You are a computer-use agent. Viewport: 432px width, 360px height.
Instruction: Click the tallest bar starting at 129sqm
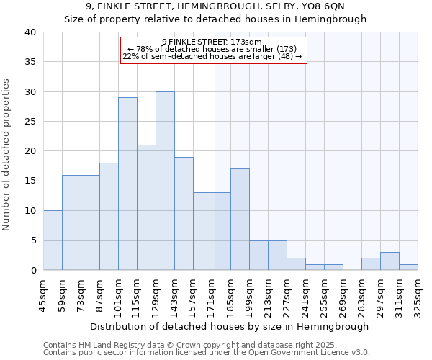[x=165, y=181]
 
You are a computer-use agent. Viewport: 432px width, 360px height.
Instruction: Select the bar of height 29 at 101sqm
[x=127, y=184]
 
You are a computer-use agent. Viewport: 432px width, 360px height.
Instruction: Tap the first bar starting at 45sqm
[x=53, y=240]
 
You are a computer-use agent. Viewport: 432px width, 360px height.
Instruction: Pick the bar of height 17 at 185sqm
[x=240, y=220]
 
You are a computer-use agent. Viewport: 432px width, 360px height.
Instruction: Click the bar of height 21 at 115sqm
[x=146, y=208]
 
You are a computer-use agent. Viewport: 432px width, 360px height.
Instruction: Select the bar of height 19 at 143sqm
[x=184, y=214]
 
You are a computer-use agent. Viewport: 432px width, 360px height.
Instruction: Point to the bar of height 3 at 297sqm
[x=390, y=261]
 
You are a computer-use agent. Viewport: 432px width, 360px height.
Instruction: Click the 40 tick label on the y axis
[x=30, y=32]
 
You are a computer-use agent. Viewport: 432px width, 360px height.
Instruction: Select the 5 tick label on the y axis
[x=32, y=240]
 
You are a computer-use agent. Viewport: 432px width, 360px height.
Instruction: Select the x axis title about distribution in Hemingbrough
[x=230, y=326]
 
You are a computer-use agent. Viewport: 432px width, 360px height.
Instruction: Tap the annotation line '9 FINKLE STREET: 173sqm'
[x=212, y=42]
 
